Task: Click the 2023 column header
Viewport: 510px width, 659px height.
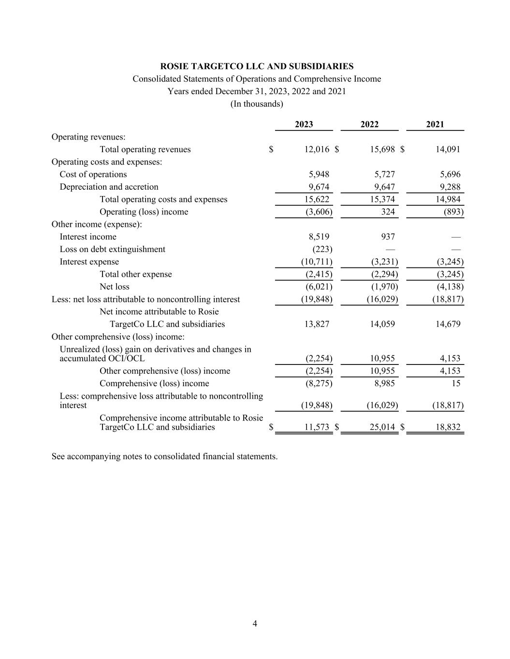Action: [304, 125]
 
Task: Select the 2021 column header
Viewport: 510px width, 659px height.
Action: [435, 125]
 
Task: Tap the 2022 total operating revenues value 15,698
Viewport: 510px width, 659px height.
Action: [382, 150]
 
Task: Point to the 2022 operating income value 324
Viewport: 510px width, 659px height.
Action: [387, 212]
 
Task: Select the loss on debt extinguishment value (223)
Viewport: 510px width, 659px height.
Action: [322, 249]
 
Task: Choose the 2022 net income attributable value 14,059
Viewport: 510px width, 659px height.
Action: [382, 324]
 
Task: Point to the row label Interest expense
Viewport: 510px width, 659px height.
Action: [89, 262]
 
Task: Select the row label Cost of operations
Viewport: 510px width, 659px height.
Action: [93, 174]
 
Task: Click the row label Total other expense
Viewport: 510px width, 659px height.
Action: [135, 274]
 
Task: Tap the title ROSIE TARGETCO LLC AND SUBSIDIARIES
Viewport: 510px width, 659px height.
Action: [257, 67]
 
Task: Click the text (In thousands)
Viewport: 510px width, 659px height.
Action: [257, 104]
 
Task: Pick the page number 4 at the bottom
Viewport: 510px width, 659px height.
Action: [255, 624]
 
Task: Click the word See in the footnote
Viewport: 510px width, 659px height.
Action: [58, 456]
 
